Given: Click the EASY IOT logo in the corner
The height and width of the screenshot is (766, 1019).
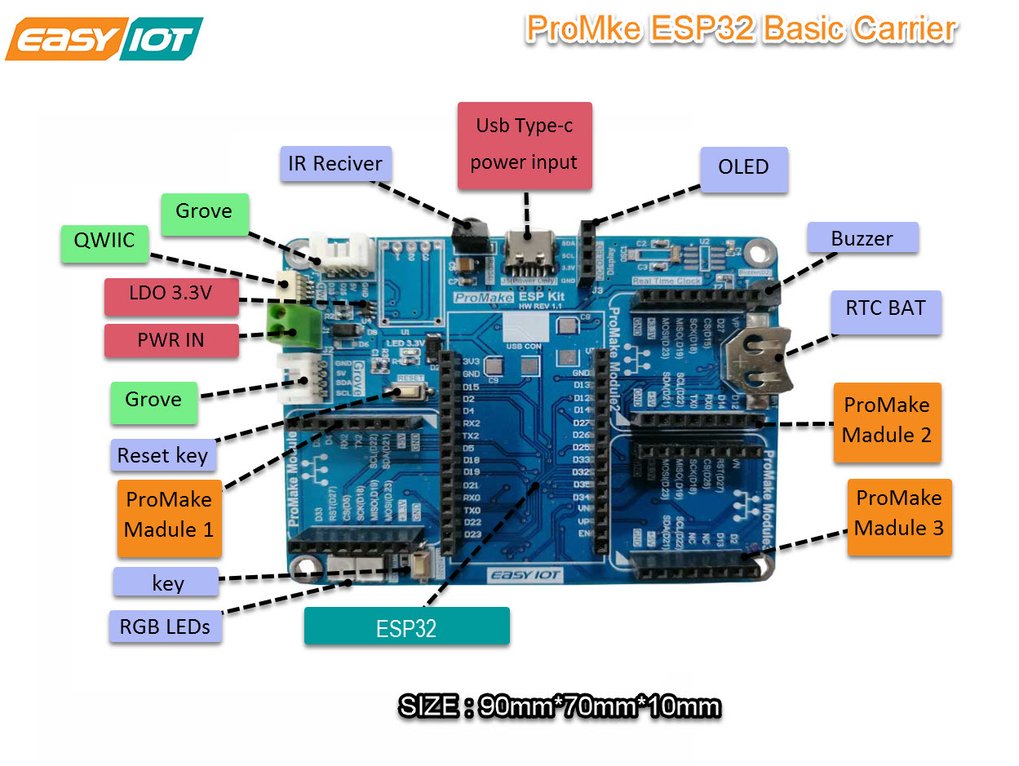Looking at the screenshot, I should tap(104, 39).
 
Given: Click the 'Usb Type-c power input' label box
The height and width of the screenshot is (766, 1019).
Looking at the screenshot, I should tap(525, 146).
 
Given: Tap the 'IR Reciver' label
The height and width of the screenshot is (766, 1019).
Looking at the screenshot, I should tap(335, 164).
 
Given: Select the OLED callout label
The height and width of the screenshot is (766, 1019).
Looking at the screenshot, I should tap(743, 168).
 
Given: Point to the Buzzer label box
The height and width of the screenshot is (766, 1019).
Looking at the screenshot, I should tap(862, 238).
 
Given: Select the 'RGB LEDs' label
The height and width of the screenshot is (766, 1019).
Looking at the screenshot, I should tap(165, 626).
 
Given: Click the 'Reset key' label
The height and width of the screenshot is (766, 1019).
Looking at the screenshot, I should tap(163, 455).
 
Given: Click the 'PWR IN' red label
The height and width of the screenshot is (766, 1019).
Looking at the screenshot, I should tap(171, 340).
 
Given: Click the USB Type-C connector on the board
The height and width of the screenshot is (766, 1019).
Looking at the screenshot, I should tap(527, 244).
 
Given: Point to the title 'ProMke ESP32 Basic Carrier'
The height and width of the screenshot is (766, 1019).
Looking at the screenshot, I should tap(740, 29).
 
